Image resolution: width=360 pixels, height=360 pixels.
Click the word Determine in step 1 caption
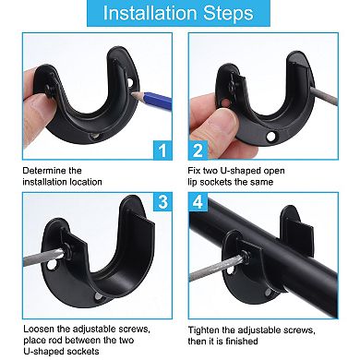(x=42, y=170)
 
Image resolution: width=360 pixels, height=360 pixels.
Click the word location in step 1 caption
(x=94, y=182)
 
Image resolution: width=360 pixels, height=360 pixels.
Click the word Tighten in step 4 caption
(x=205, y=329)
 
